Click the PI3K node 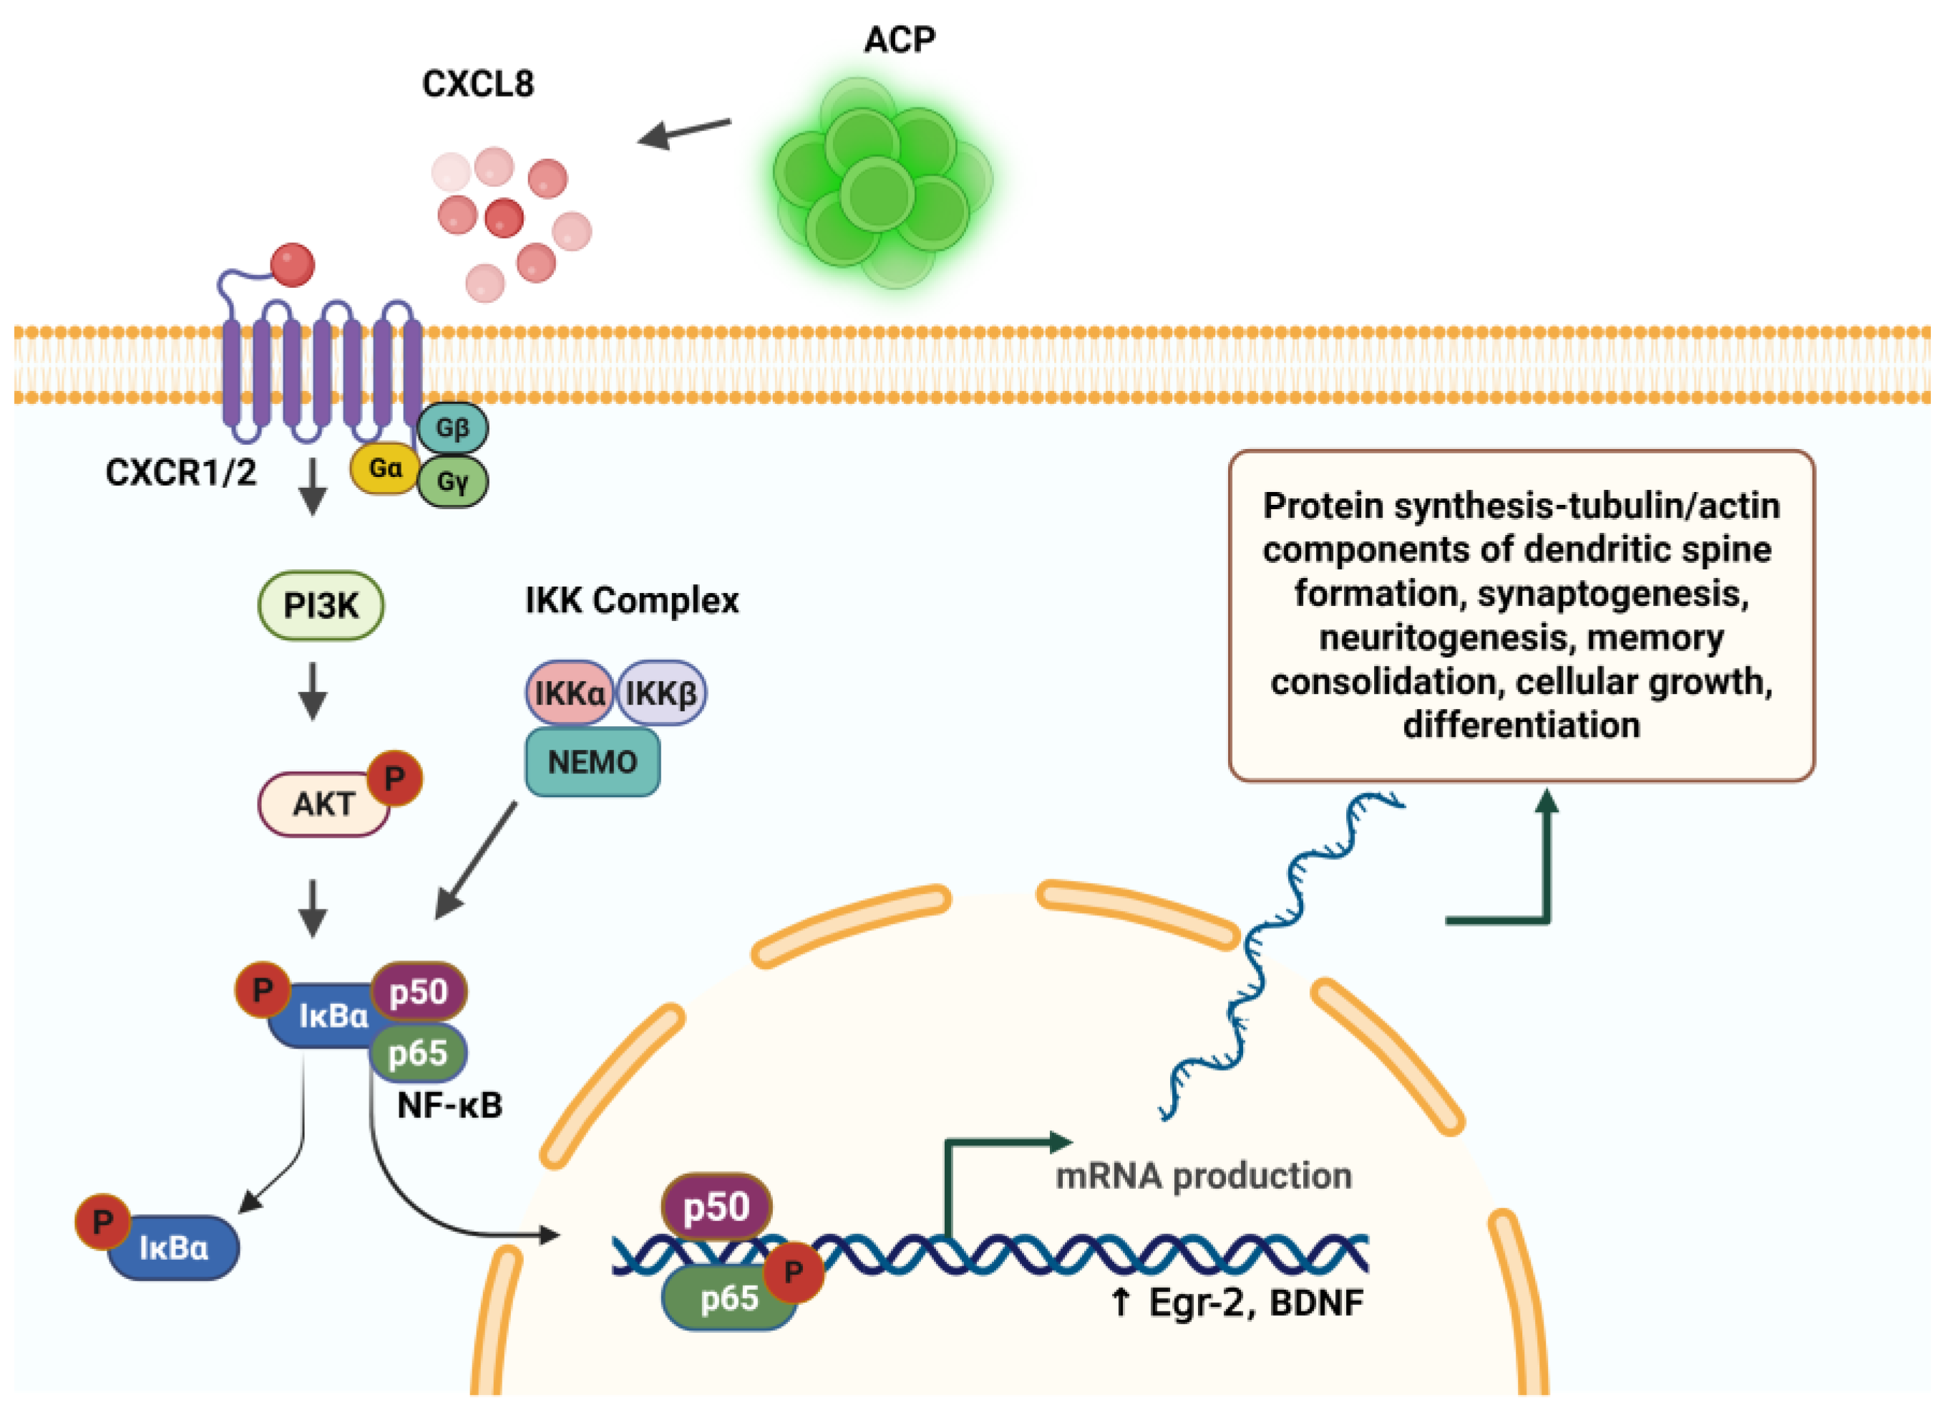(321, 605)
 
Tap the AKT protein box (323, 804)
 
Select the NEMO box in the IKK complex (593, 762)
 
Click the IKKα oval (569, 693)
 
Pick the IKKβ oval (662, 693)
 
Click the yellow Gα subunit (384, 469)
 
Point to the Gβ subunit (452, 428)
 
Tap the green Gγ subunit (452, 482)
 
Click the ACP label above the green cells (900, 39)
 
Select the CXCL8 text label (477, 84)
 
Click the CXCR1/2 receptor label (180, 473)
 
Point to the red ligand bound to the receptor (293, 265)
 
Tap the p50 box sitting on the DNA (716, 1207)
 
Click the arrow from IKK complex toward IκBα (477, 859)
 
